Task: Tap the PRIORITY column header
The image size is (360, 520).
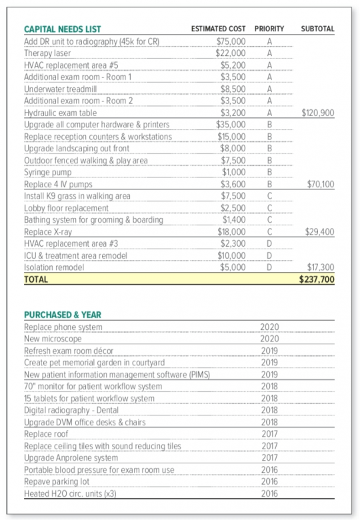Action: [269, 29]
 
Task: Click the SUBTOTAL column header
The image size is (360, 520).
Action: [318, 29]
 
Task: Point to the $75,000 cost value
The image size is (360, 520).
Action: [231, 41]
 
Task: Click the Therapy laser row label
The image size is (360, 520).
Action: [47, 53]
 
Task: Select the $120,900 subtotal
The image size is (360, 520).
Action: [318, 113]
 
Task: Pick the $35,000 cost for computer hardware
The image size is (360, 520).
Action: [231, 125]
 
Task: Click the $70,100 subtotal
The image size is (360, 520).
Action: [320, 185]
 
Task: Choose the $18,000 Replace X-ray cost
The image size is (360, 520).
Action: [233, 232]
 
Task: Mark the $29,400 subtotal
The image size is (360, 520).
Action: [319, 232]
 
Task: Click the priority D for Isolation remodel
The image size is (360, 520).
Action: [269, 268]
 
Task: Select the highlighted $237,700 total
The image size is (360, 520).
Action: [317, 280]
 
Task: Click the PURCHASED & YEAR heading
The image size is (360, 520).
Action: [63, 315]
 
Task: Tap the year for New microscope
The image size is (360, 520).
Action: [269, 339]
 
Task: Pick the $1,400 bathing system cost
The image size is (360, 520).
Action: [234, 220]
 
